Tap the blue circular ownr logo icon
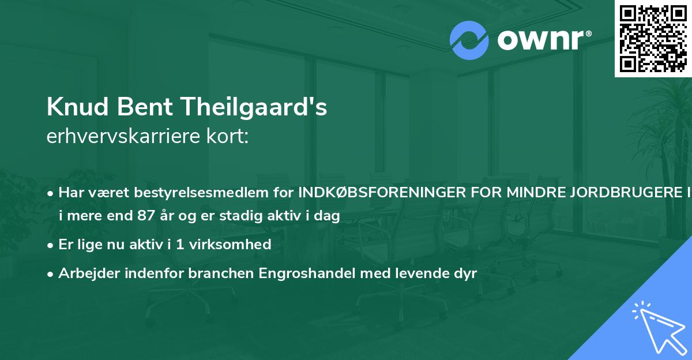pos(469,40)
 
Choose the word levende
pos(423,273)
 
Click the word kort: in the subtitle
pos(230,137)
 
